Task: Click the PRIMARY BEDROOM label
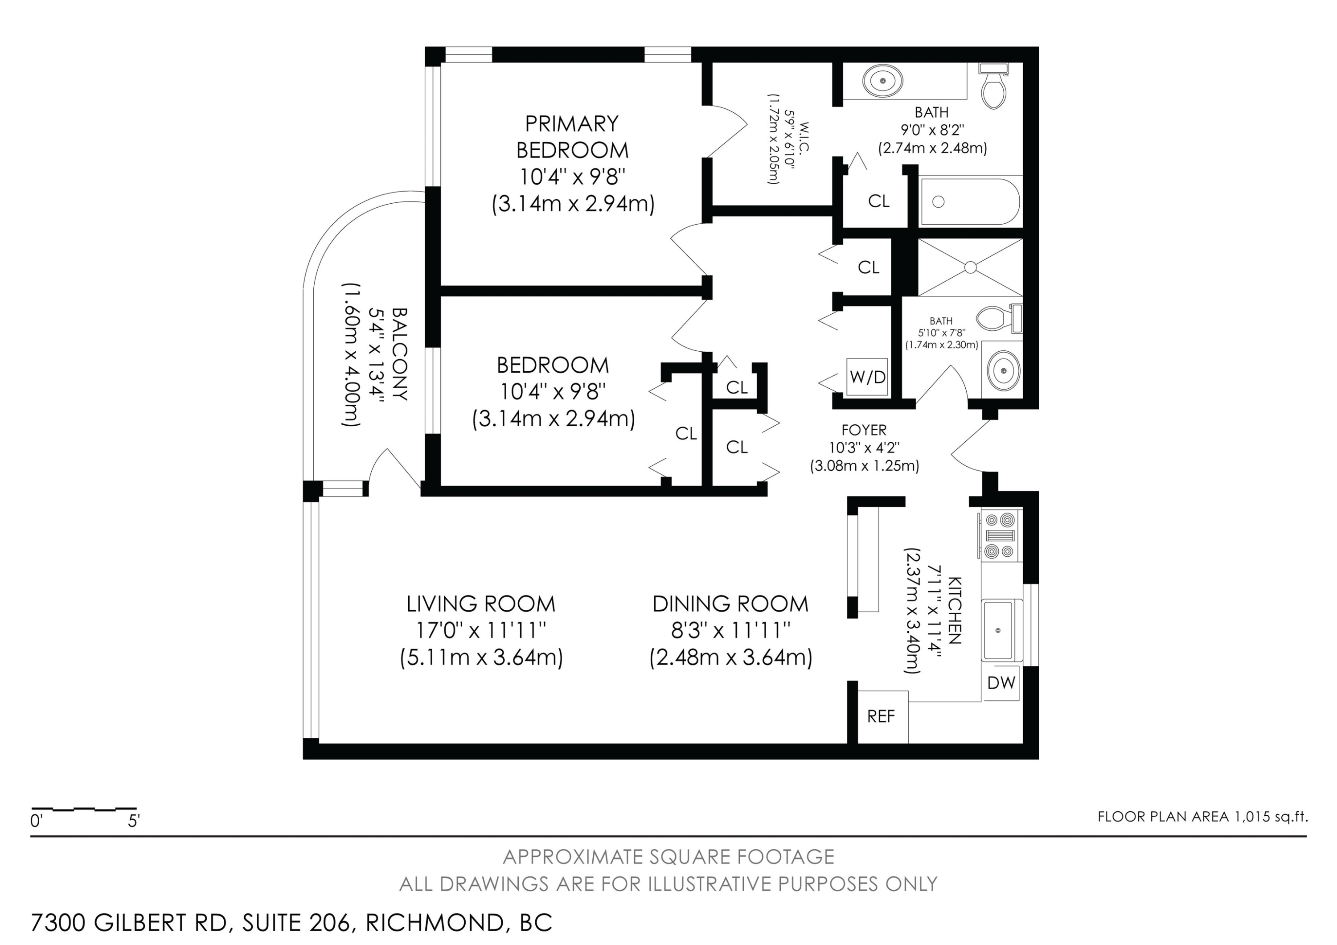coord(572,137)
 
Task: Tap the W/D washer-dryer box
coord(867,377)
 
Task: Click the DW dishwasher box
coord(1001,682)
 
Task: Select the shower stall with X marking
coord(970,267)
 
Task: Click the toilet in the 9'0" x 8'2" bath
coord(995,86)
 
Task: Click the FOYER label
coord(864,430)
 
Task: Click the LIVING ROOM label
coord(481,604)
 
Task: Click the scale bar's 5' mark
coord(134,822)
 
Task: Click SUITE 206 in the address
coord(297,923)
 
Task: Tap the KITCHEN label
coord(955,610)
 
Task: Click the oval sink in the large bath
coord(883,81)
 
